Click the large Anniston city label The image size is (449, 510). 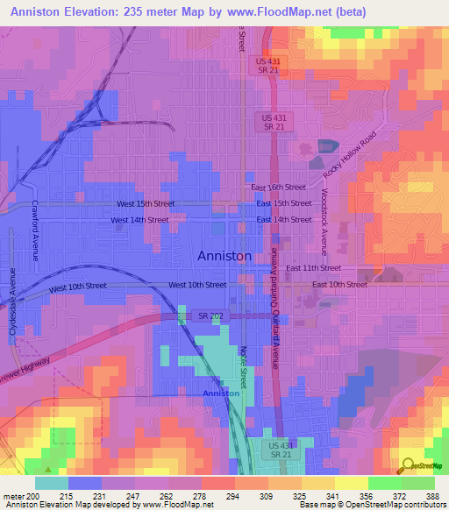[x=224, y=256]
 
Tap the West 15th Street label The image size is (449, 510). [x=146, y=203]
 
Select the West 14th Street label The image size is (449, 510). [x=139, y=220]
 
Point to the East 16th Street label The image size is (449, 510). [x=278, y=188]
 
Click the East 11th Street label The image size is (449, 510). [x=313, y=267]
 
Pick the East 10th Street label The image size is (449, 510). [x=340, y=285]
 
